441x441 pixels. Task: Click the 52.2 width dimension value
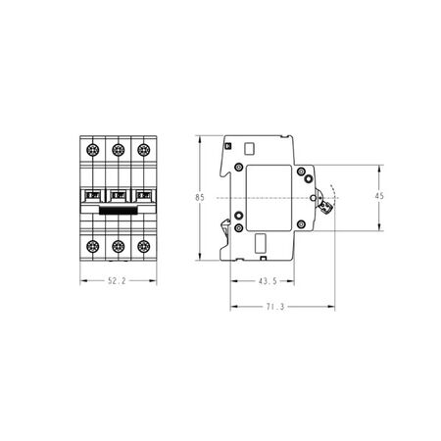117,281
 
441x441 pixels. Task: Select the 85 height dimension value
200,198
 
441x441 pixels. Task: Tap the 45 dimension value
379,196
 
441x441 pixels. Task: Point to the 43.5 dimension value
268,281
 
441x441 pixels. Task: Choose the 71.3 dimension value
275,307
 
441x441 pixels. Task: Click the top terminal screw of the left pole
92,150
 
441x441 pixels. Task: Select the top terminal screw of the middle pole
118,150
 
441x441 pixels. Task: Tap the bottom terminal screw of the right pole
143,246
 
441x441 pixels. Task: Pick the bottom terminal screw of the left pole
92,246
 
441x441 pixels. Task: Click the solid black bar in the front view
118,211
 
